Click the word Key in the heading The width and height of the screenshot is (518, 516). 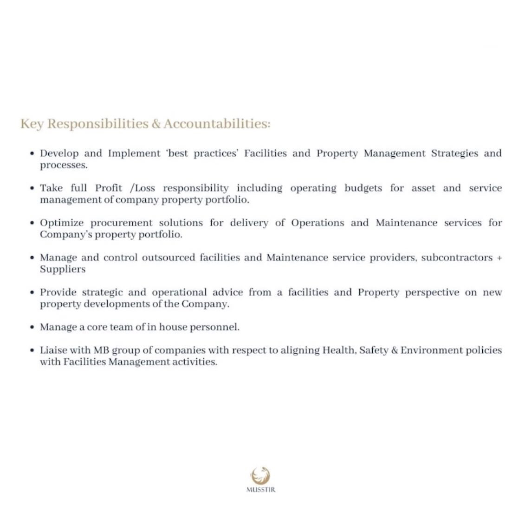tap(31, 124)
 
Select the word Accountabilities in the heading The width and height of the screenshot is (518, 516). tap(216, 124)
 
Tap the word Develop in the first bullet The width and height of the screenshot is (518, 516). tap(59, 153)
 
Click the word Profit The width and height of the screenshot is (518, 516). tap(109, 188)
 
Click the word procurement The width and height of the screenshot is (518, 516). tap(121, 223)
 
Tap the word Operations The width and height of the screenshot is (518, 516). tap(317, 223)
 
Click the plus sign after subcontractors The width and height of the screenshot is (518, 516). tap(499, 258)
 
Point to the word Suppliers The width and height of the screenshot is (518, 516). tap(63, 269)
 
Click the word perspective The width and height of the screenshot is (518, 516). tap(432, 293)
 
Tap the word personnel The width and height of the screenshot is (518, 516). tap(218, 327)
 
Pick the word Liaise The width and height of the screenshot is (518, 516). tap(52, 350)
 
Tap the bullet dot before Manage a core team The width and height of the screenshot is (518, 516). tap(32, 327)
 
